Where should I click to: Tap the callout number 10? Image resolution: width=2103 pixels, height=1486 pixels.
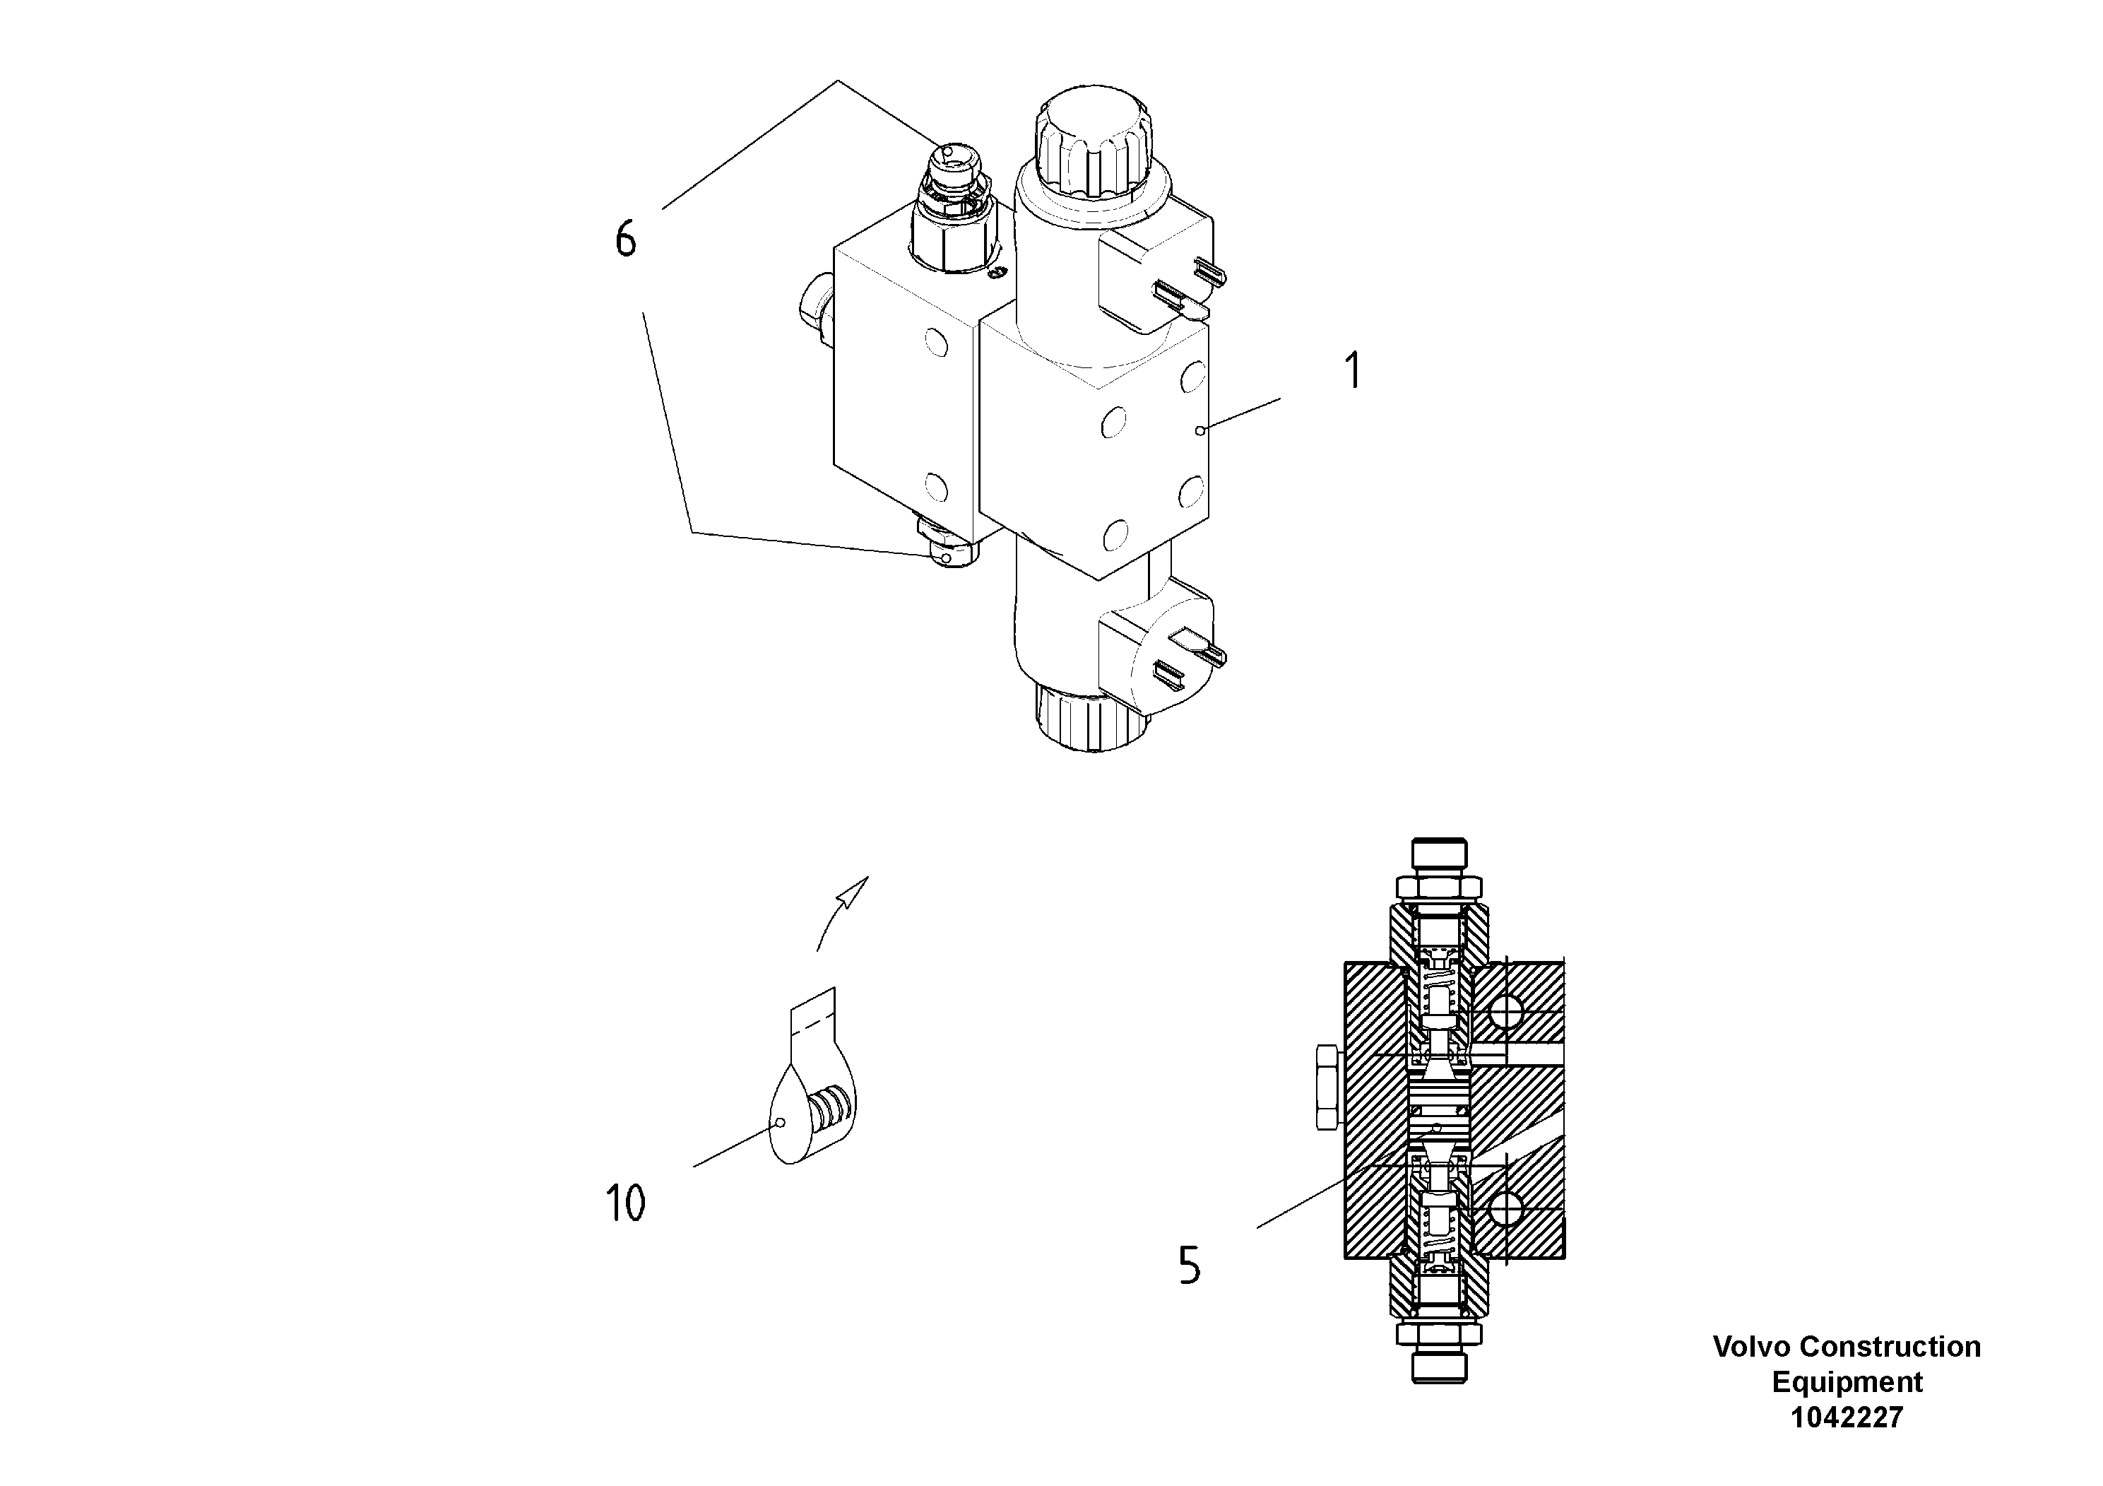(x=626, y=1203)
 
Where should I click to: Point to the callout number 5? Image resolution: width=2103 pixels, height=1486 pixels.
(x=1189, y=1267)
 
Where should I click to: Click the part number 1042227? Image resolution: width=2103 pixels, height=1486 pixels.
(x=1847, y=1417)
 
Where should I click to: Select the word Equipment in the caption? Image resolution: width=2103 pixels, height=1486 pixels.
(x=1847, y=1381)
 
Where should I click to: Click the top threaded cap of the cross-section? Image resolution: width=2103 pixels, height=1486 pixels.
(x=1439, y=859)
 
